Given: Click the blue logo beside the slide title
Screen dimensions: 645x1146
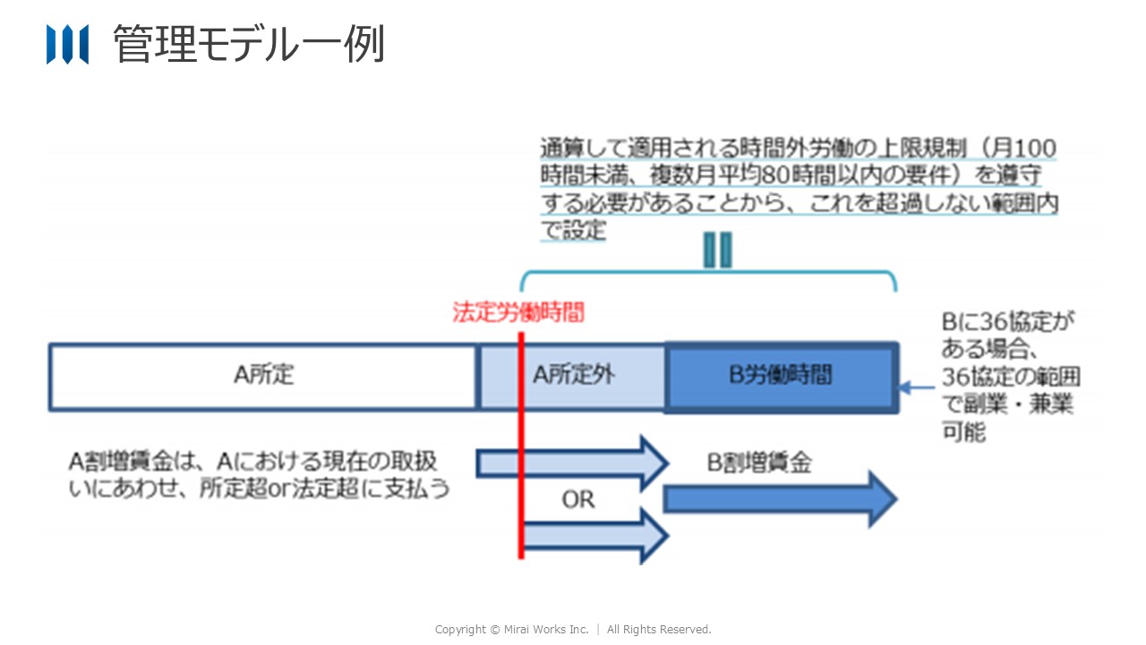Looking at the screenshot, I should tap(67, 44).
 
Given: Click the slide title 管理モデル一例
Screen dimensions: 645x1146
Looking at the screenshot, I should tap(249, 44).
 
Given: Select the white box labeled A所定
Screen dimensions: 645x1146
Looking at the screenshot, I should tap(263, 376).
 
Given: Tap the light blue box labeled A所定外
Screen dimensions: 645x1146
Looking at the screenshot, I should tap(574, 376).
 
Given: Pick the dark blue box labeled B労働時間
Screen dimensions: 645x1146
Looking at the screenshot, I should tap(781, 376).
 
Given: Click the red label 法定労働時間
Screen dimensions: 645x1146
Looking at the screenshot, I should tap(518, 313).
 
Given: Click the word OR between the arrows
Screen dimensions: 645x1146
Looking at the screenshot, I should tap(577, 499).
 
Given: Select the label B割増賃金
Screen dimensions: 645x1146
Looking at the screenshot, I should tap(759, 462).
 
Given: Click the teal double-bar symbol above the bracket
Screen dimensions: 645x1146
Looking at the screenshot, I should tap(717, 250).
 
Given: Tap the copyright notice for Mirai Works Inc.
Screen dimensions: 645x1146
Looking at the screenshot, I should tap(573, 630).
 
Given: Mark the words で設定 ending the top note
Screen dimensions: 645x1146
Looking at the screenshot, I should tap(573, 231).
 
